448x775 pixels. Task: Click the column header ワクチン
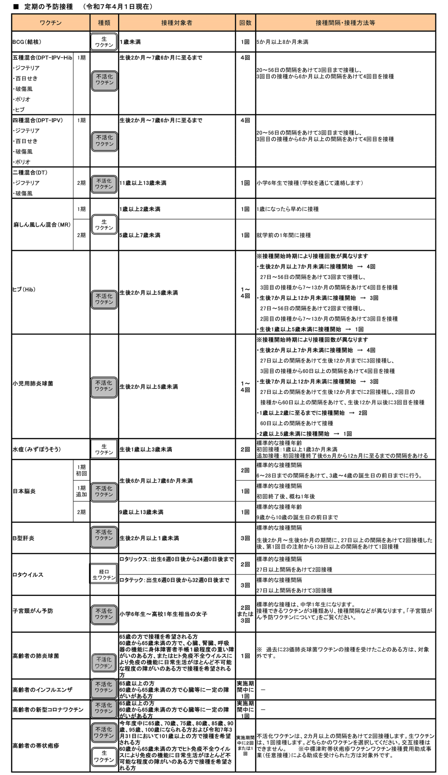50,23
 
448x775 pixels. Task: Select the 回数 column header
245,23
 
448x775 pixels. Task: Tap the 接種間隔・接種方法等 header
345,23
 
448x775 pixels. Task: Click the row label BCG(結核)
27,42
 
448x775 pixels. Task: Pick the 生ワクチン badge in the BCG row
104,42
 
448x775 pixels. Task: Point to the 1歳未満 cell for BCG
130,42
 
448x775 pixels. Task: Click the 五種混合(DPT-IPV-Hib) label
42,58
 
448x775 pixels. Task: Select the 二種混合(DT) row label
30,173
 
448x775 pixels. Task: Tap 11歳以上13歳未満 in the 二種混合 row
143,183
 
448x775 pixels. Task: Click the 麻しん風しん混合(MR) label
42,225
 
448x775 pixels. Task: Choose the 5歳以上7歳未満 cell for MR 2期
140,235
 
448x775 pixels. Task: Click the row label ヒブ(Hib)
24,290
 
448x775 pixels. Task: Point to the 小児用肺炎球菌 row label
33,384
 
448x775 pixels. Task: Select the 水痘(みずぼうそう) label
37,449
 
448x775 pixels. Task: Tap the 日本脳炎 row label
24,491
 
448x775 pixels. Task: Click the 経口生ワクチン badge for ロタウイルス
104,575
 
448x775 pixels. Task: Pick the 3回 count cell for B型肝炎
245,538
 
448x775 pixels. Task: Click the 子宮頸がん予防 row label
33,611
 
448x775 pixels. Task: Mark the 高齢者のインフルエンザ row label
42,690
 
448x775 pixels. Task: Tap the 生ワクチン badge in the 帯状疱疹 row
104,756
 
